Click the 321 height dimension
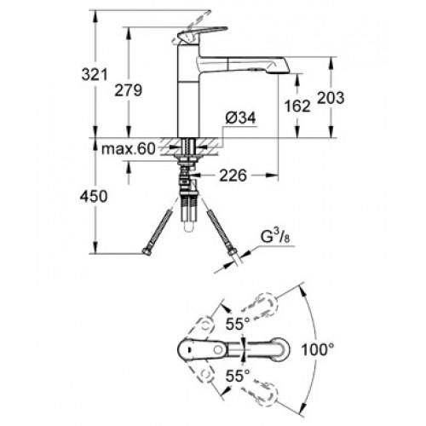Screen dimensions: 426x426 [x=95, y=75]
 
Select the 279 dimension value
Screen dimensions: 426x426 [x=128, y=90]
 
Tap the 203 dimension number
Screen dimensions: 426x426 [x=331, y=97]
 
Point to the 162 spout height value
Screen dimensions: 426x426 [x=297, y=106]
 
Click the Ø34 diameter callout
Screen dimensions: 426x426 [x=241, y=118]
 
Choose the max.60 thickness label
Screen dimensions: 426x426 [x=129, y=148]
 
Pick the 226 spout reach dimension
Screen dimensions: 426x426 [x=233, y=176]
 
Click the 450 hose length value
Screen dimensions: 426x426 [x=94, y=196]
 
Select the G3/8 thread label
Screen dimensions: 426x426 [x=275, y=237]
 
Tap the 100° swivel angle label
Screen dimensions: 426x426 [x=317, y=349]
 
